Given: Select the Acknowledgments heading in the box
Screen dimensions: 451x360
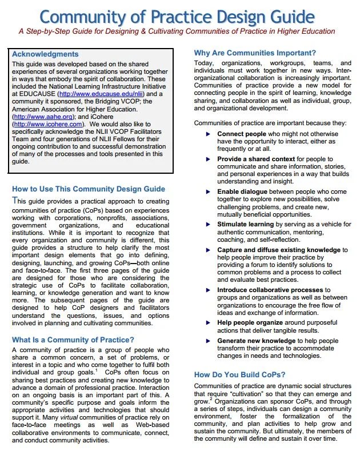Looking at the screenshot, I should click(45, 54).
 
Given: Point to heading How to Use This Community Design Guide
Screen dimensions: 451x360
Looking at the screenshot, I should click(89, 189).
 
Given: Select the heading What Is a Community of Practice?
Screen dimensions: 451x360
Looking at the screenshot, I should click(73, 340).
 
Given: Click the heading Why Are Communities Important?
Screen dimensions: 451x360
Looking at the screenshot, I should click(263, 53).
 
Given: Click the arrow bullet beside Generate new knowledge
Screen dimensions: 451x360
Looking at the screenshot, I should click(208, 341).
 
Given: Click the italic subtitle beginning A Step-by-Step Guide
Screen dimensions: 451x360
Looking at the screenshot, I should click(177, 31).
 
